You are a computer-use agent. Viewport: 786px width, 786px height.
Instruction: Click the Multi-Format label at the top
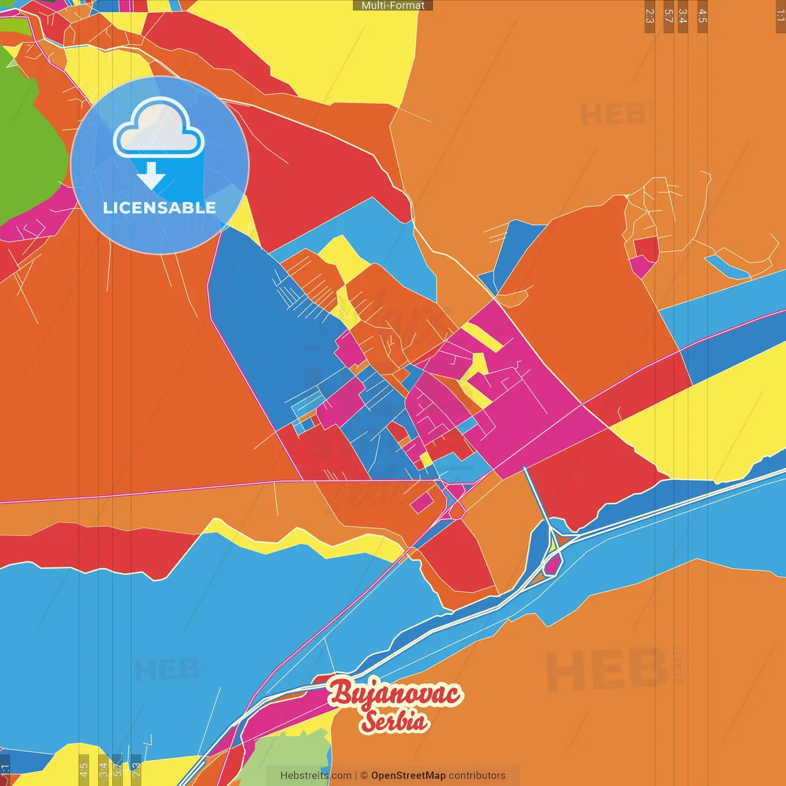(393, 6)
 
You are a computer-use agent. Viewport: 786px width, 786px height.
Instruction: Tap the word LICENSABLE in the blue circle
(159, 208)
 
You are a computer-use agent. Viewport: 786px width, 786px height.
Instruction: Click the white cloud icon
(158, 128)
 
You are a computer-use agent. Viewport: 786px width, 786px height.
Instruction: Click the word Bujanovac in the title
(395, 693)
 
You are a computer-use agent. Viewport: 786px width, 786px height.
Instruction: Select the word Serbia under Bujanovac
(394, 721)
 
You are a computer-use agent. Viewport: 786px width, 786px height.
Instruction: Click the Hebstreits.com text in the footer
(316, 776)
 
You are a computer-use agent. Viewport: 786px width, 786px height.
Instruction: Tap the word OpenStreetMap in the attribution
(408, 776)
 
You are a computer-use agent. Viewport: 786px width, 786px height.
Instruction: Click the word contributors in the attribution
(477, 776)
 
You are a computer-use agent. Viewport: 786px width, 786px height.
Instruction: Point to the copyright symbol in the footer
(364, 776)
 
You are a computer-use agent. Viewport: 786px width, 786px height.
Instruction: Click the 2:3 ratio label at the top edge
(650, 16)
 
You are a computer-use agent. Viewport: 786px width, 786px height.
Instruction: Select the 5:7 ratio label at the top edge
(668, 16)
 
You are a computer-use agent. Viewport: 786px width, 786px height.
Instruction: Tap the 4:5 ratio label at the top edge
(702, 16)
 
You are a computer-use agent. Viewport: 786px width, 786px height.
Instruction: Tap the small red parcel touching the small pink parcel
(646, 247)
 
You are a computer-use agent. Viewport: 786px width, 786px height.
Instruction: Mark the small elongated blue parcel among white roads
(728, 267)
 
